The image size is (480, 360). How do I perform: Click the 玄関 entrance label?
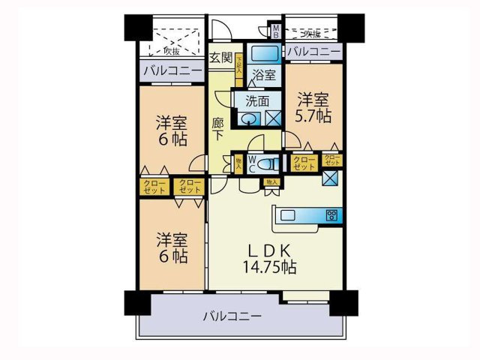[x=220, y=57]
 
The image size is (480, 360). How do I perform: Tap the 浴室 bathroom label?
[x=264, y=75]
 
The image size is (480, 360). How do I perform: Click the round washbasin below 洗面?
[x=249, y=117]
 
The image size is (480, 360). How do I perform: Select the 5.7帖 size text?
[x=313, y=116]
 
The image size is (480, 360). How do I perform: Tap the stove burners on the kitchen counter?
[x=331, y=216]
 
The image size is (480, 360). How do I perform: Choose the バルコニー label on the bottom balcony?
[x=232, y=316]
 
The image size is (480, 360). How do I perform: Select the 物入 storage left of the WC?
[x=238, y=163]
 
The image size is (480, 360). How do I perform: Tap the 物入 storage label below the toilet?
[x=272, y=182]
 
